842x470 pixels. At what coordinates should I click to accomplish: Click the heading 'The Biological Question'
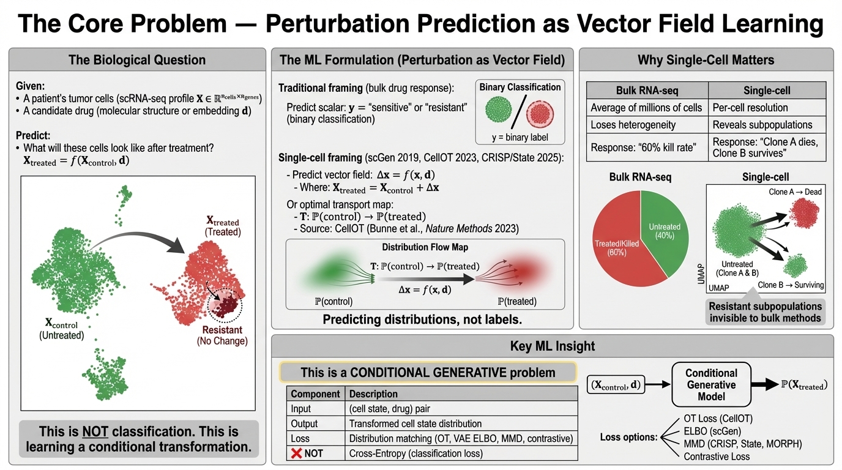pyautogui.click(x=137, y=60)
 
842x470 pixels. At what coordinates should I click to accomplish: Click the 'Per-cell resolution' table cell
pyautogui.click(x=750, y=108)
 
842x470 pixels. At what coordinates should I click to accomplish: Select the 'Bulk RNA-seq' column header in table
pyautogui.click(x=647, y=91)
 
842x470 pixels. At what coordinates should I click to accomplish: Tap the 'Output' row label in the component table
pyautogui.click(x=304, y=423)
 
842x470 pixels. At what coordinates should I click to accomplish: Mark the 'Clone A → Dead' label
pyautogui.click(x=795, y=192)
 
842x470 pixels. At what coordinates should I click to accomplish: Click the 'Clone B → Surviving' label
pyautogui.click(x=791, y=285)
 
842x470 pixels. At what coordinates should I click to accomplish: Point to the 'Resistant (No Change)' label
pyautogui.click(x=222, y=335)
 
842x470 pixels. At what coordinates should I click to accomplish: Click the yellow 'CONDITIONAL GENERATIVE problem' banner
pyautogui.click(x=428, y=372)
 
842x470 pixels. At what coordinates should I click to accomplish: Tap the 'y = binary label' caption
pyautogui.click(x=520, y=137)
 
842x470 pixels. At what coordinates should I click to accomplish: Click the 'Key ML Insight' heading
pyautogui.click(x=552, y=346)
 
